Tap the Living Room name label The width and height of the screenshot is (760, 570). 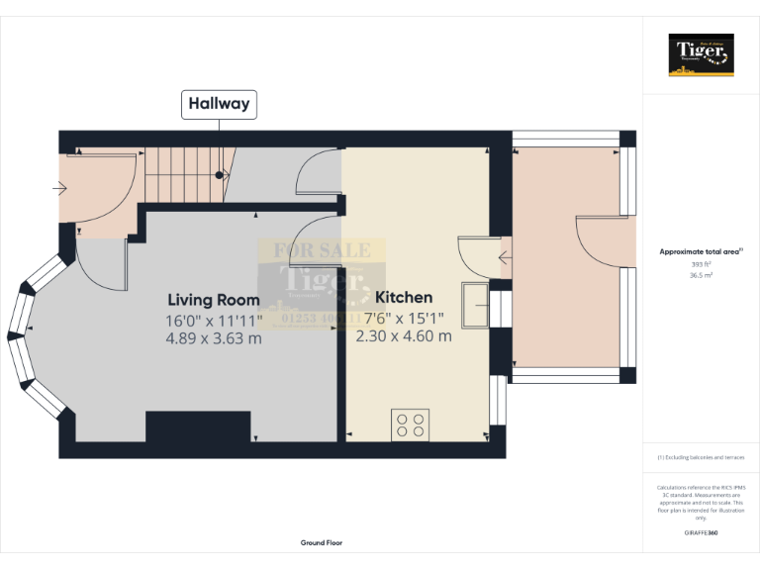pyautogui.click(x=214, y=300)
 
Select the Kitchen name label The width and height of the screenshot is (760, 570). pyautogui.click(x=404, y=297)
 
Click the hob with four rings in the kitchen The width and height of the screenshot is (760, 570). pyautogui.click(x=411, y=424)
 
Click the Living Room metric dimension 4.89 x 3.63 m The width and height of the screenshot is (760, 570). pyautogui.click(x=214, y=338)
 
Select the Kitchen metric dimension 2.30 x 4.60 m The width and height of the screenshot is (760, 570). pyautogui.click(x=404, y=335)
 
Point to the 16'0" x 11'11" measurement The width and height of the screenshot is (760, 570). pyautogui.click(x=214, y=320)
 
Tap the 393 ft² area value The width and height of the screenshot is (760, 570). pyautogui.click(x=701, y=265)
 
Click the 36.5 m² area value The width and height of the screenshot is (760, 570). pyautogui.click(x=701, y=276)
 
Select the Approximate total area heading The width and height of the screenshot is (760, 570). pyautogui.click(x=701, y=252)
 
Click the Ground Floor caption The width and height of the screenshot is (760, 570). pyautogui.click(x=322, y=542)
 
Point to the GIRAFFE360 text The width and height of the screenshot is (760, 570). pyautogui.click(x=701, y=533)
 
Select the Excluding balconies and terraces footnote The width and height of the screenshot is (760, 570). pyautogui.click(x=701, y=457)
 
